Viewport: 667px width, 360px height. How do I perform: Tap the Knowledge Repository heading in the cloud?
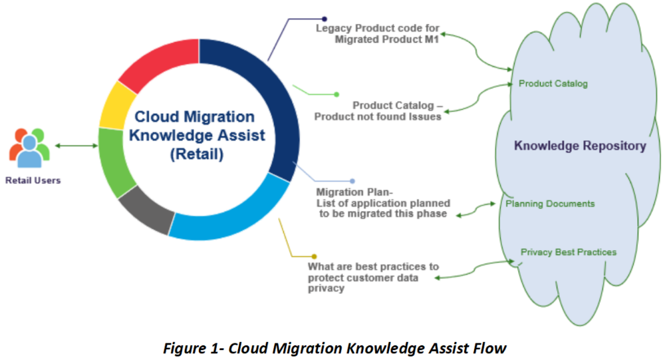pos(581,146)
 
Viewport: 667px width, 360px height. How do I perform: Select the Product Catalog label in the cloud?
pos(553,84)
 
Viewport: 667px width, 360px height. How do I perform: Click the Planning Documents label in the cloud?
pos(550,204)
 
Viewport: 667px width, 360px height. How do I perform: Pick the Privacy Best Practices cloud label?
pos(568,252)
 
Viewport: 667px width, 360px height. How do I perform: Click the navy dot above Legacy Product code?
pos(324,19)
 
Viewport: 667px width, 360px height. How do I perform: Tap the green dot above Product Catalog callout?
pos(336,94)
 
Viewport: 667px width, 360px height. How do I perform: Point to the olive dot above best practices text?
pos(313,256)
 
